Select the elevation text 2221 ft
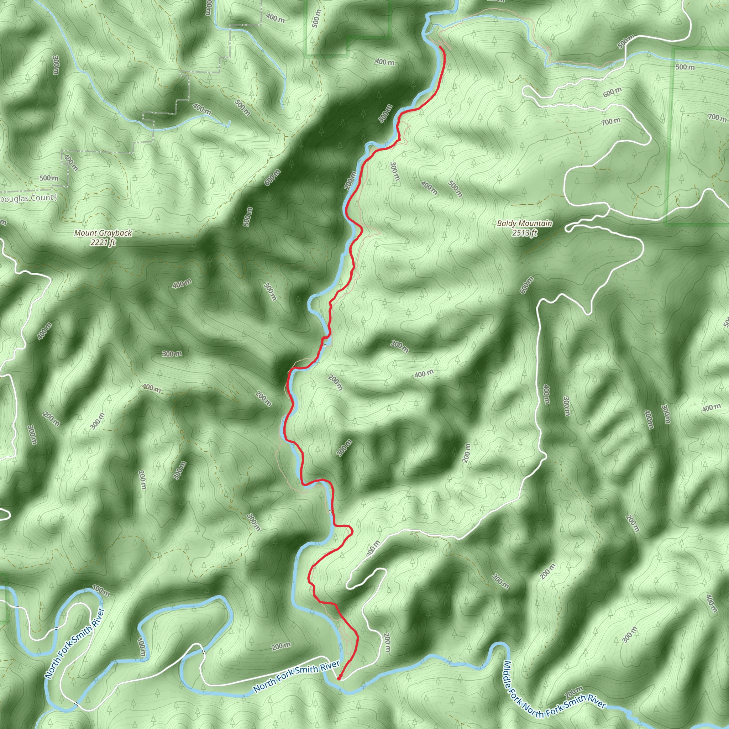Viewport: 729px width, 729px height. (x=103, y=243)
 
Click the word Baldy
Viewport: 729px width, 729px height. (x=507, y=224)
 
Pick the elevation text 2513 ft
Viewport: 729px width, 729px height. (x=524, y=233)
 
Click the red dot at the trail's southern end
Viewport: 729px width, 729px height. (x=339, y=678)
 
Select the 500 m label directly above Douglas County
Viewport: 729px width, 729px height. (x=49, y=178)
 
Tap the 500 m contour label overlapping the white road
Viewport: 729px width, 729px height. (x=626, y=42)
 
